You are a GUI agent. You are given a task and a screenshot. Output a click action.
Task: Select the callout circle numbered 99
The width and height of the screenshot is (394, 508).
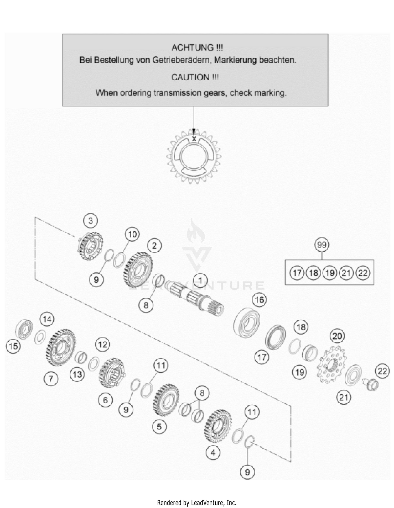[322, 245]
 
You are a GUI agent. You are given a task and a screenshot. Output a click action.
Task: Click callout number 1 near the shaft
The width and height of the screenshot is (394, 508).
[200, 281]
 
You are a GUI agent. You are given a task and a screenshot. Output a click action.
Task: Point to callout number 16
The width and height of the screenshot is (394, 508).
[260, 300]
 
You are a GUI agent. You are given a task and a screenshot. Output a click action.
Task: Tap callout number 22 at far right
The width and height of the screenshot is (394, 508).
[382, 371]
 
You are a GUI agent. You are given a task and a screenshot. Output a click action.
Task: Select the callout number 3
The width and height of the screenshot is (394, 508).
[90, 221]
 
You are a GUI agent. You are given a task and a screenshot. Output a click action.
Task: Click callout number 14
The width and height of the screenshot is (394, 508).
[47, 319]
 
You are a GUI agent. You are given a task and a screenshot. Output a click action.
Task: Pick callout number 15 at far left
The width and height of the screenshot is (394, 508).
[13, 346]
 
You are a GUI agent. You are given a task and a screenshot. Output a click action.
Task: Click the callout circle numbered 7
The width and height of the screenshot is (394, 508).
[51, 379]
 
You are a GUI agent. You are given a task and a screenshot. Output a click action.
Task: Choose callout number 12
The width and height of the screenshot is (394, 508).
[102, 345]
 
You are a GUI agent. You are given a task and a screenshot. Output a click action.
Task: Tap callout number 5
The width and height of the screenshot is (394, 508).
[159, 426]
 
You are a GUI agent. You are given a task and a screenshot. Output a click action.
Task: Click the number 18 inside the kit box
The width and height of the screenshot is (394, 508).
[313, 273]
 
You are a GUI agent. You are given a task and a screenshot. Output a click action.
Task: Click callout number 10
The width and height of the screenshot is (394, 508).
[132, 234]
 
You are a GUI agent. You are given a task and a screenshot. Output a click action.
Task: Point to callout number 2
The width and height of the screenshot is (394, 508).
[154, 246]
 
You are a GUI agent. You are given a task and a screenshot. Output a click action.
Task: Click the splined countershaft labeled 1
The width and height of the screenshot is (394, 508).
[194, 298]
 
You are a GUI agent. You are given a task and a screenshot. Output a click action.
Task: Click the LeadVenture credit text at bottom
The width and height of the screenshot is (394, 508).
[197, 503]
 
